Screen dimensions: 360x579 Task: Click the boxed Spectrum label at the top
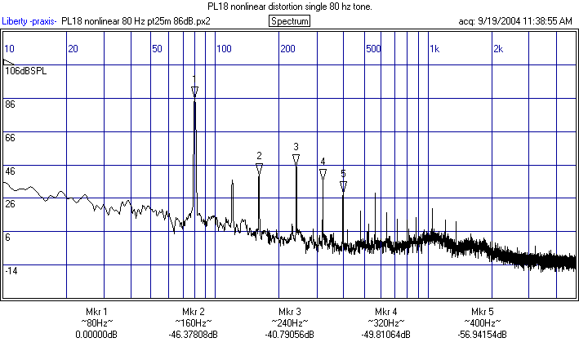click(x=289, y=20)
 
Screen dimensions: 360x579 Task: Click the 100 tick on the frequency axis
click(x=223, y=49)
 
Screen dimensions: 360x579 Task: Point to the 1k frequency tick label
click(x=435, y=49)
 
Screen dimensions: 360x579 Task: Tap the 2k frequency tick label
click(x=498, y=49)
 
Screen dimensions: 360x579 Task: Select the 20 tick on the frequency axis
click(x=73, y=49)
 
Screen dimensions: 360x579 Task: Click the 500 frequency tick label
click(x=373, y=49)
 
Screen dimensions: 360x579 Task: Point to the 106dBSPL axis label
click(x=26, y=71)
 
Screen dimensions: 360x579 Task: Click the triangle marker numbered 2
click(x=259, y=169)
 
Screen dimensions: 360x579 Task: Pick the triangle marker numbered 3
click(x=296, y=159)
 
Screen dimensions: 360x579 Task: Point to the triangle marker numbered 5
click(x=344, y=187)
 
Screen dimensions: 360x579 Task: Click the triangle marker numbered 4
click(x=323, y=175)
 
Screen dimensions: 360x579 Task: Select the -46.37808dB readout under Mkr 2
click(x=194, y=335)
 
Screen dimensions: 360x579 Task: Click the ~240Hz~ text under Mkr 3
click(x=290, y=323)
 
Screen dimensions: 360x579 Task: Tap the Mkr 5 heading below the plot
click(x=482, y=312)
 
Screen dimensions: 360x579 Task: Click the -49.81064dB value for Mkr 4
click(x=386, y=335)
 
